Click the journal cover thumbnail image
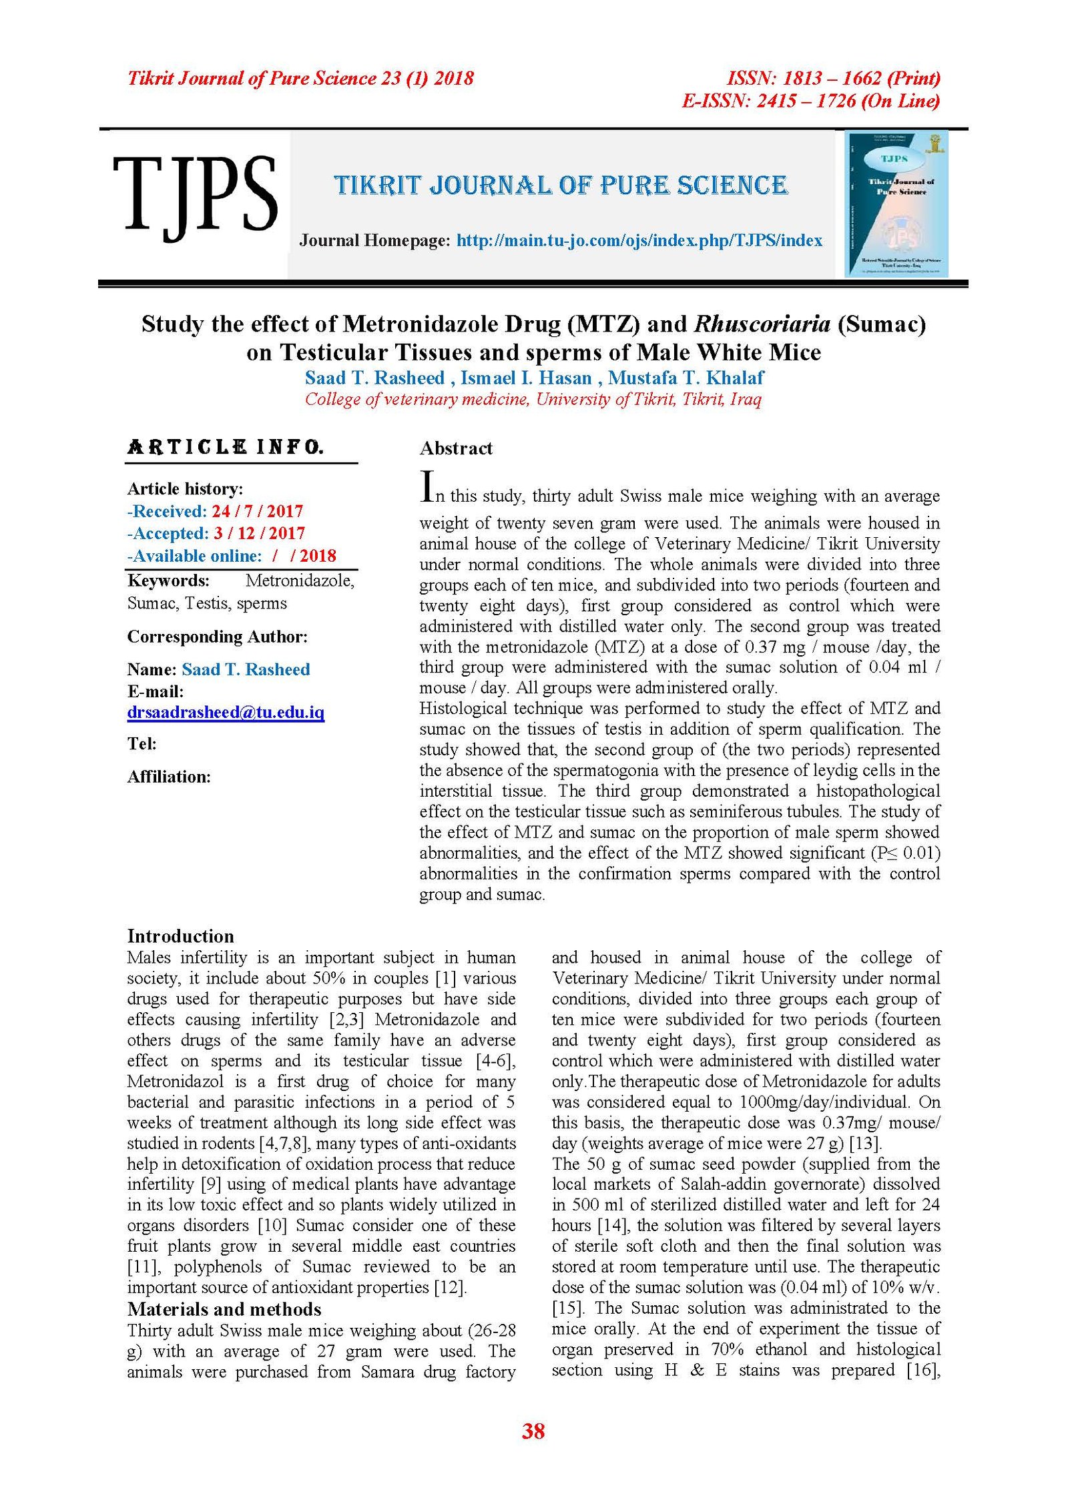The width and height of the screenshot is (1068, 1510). click(x=896, y=204)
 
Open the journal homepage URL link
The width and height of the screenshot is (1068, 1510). click(x=639, y=240)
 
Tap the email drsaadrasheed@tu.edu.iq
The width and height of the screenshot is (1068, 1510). click(x=226, y=712)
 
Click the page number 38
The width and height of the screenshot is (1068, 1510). click(x=533, y=1431)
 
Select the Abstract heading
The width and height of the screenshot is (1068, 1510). click(x=456, y=448)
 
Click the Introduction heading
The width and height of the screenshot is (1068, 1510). click(x=180, y=935)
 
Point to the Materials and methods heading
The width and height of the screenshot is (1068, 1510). click(x=224, y=1309)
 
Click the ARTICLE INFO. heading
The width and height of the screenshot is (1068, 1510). click(x=226, y=447)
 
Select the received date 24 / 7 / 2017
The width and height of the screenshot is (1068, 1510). click(x=257, y=511)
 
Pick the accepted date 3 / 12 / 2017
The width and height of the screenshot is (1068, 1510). click(x=259, y=533)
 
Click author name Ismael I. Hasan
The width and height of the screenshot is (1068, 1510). click(x=526, y=378)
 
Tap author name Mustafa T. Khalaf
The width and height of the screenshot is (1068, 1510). click(x=686, y=378)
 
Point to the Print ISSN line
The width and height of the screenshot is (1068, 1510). click(x=833, y=79)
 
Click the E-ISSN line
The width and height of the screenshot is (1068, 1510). click(x=810, y=101)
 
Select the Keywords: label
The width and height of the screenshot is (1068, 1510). click(x=168, y=581)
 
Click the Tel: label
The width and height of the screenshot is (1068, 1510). click(x=142, y=743)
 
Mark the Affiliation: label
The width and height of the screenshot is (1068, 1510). click(x=169, y=777)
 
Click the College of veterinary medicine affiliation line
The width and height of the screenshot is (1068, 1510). click(x=533, y=399)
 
